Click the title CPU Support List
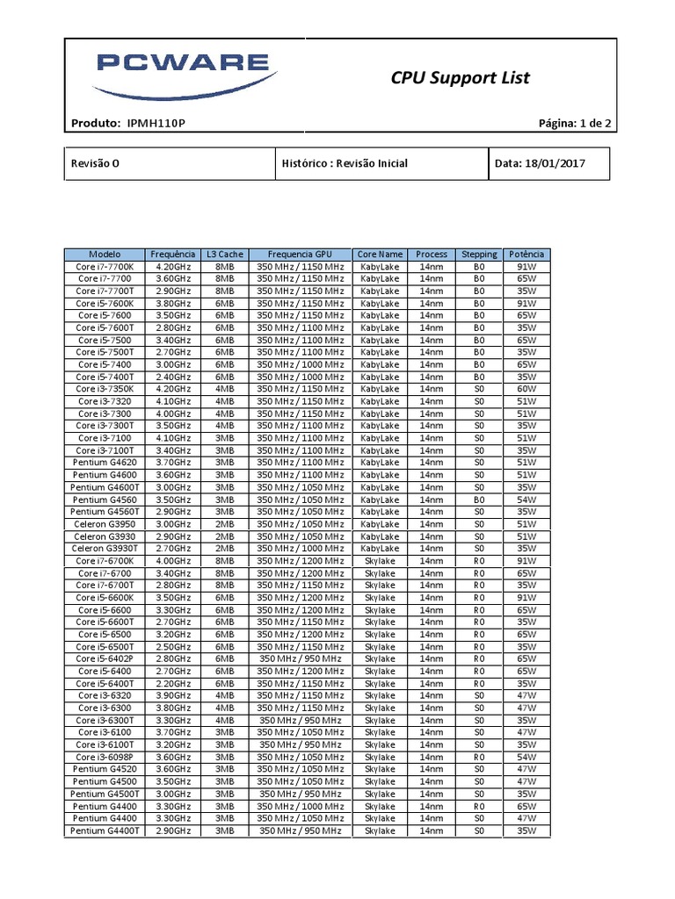tap(460, 78)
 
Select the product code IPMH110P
tap(156, 124)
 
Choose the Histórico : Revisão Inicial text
tap(345, 163)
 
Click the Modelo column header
tap(105, 254)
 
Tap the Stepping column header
tap(479, 254)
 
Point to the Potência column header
tap(526, 254)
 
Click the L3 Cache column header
tap(224, 254)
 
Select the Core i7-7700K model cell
tap(105, 266)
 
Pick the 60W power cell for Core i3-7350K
tap(526, 389)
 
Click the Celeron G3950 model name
tap(105, 524)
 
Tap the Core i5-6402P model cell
tap(105, 658)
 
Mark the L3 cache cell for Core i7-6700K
tap(224, 560)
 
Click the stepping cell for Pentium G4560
tap(479, 500)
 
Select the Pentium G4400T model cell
tap(105, 831)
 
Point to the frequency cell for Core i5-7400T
tap(172, 377)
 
